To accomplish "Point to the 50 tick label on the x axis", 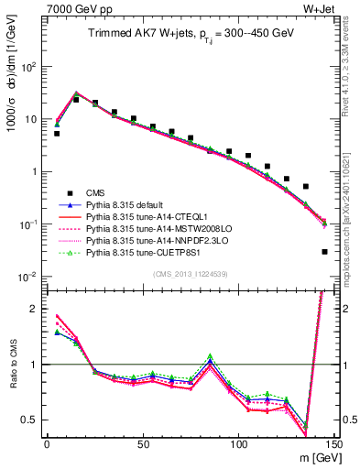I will click(x=143, y=445).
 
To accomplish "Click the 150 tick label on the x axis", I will click(x=334, y=445).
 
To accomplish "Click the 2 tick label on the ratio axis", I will click(x=34, y=309).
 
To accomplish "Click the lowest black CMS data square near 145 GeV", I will click(x=325, y=252).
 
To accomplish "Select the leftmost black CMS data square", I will click(x=57, y=134).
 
